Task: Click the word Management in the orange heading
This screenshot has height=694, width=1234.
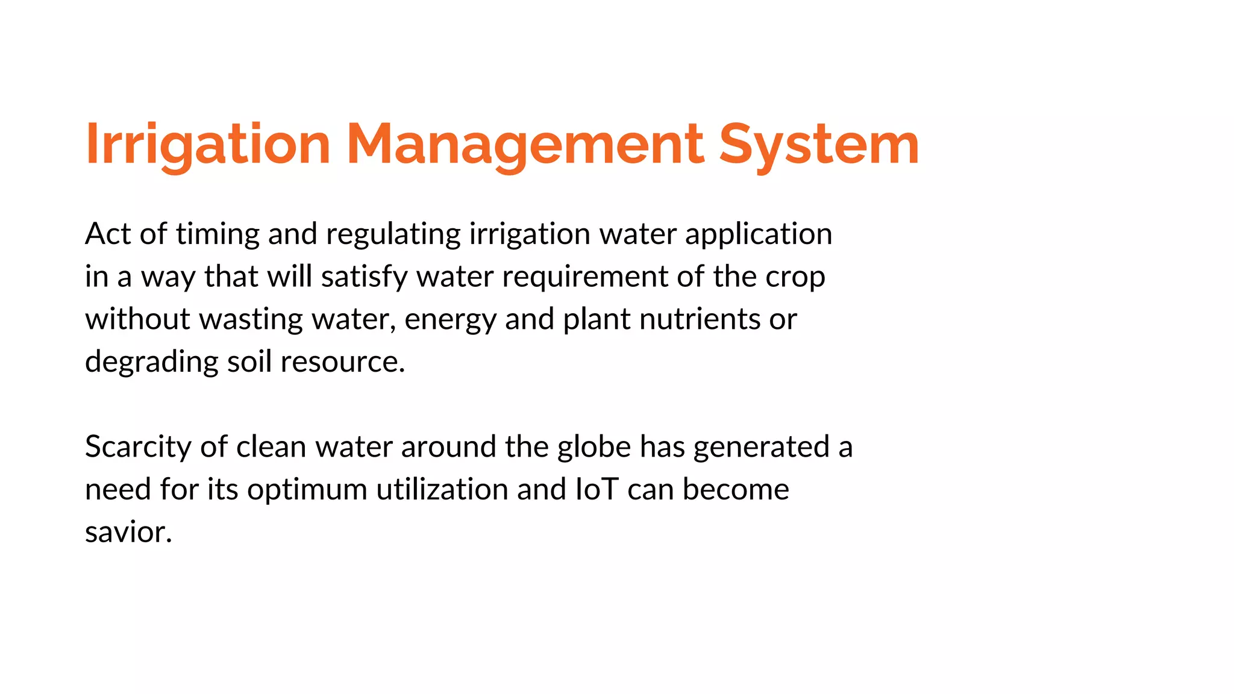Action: click(525, 145)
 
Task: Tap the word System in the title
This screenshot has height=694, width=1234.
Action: click(819, 145)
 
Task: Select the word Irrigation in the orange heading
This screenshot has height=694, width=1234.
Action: click(208, 145)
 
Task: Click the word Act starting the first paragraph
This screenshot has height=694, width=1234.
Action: click(108, 234)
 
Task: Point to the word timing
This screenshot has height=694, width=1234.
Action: click(218, 235)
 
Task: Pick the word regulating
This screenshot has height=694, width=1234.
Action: click(393, 235)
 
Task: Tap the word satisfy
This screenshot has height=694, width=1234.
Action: click(364, 277)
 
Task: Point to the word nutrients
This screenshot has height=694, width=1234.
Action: click(699, 319)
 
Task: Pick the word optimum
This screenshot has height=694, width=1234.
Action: click(307, 490)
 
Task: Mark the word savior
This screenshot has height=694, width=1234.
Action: click(128, 532)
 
